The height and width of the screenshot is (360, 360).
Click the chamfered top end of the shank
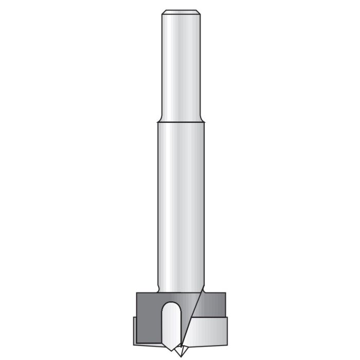(x=180, y=12)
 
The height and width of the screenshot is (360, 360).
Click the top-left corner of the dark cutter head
(x=137, y=293)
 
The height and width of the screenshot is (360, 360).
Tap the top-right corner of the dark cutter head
(x=225, y=293)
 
